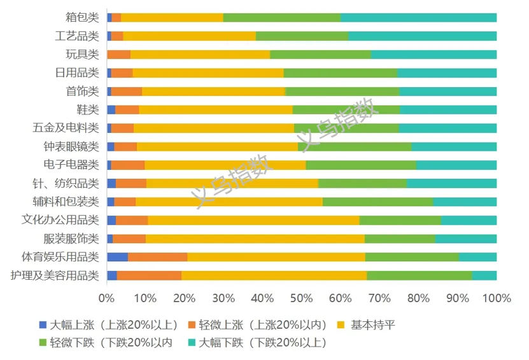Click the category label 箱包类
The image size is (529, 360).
click(x=83, y=17)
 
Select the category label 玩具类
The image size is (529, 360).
click(x=83, y=54)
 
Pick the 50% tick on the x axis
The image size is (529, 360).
click(x=302, y=298)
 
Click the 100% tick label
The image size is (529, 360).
click(x=497, y=298)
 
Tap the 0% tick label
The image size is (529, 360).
click(x=107, y=298)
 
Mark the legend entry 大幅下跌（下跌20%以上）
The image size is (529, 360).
click(x=262, y=343)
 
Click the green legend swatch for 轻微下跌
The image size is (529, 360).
click(x=43, y=343)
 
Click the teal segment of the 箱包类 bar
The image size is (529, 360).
click(x=418, y=17)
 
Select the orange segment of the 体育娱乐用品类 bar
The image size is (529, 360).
click(x=157, y=257)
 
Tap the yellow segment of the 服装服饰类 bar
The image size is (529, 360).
click(x=255, y=239)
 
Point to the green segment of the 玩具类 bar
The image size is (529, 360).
click(x=320, y=54)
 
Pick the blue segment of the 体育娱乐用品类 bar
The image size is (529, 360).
click(x=117, y=257)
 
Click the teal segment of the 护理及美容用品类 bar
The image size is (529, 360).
click(x=484, y=275)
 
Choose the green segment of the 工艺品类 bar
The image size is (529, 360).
click(x=302, y=36)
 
